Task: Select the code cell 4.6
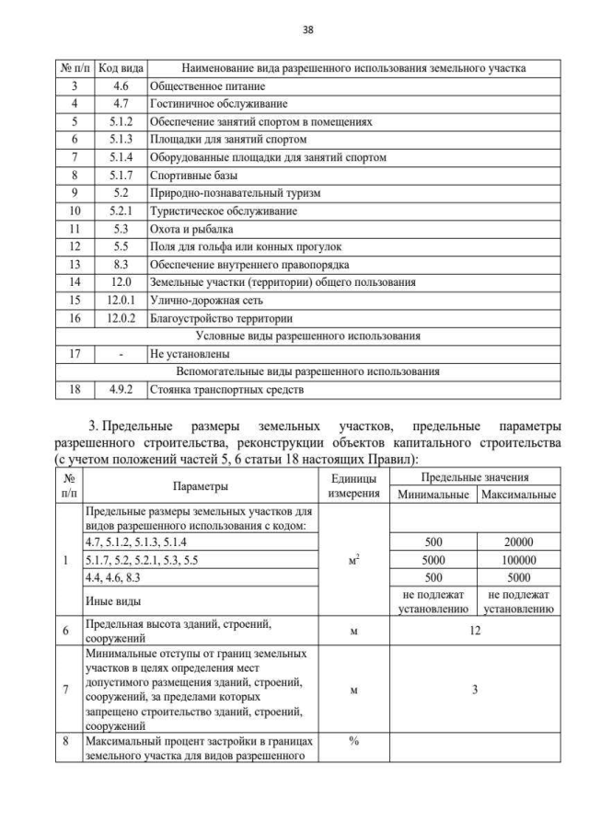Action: point(121,85)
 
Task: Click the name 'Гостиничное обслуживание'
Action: point(220,103)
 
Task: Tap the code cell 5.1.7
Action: point(121,174)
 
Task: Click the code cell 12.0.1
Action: point(121,302)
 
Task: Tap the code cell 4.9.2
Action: point(121,390)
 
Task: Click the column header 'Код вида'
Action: point(121,68)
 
